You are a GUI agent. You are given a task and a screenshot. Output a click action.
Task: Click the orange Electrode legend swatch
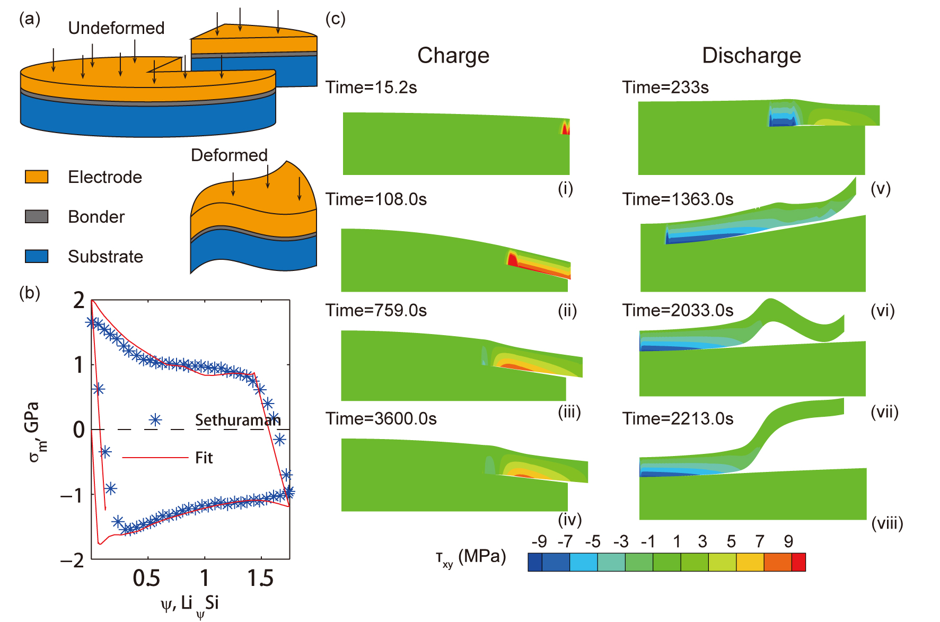[37, 177]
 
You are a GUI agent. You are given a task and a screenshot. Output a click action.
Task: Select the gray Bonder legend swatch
[37, 216]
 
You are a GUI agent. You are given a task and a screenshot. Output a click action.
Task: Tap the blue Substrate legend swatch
[37, 256]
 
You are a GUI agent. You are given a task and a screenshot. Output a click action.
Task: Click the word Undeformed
[116, 28]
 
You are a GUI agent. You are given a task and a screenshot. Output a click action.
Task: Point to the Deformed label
[229, 155]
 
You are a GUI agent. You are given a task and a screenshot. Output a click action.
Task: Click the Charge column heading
[453, 56]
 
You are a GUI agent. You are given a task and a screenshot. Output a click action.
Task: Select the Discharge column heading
[751, 56]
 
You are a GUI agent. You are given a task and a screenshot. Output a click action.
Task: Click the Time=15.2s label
[371, 87]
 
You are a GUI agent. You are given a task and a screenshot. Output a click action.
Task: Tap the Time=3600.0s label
[381, 419]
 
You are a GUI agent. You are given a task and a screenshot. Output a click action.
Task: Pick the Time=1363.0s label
[678, 199]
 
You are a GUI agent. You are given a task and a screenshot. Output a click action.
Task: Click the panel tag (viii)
[887, 523]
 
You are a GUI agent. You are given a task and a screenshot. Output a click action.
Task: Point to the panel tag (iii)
[569, 412]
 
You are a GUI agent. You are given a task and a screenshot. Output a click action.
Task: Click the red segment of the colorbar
[798, 562]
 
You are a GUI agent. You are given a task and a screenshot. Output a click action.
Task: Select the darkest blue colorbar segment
[535, 562]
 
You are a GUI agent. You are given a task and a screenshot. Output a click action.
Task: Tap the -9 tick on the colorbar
[539, 541]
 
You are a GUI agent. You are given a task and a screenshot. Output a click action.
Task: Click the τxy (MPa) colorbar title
[470, 557]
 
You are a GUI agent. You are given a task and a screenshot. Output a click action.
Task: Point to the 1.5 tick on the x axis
[260, 578]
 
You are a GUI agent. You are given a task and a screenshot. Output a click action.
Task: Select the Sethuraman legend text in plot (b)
[238, 420]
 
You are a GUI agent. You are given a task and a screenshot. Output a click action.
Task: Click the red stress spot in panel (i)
[566, 128]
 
